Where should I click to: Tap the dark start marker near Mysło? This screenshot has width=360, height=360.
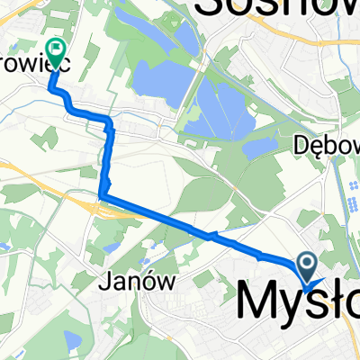tap(307, 267)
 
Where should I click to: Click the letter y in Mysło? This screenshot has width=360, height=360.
tap(290, 306)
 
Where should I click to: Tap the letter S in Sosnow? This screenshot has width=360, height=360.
tap(209, 7)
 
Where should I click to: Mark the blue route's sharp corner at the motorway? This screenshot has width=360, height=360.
tap(103, 195)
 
